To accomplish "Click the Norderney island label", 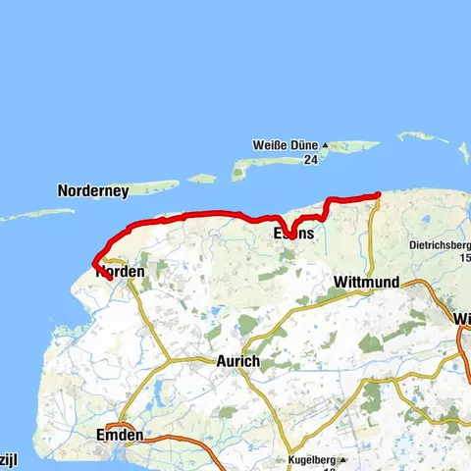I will (x=93, y=192).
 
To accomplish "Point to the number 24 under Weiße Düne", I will (x=310, y=159).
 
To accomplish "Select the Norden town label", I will (x=123, y=272).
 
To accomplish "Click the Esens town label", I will (x=294, y=234).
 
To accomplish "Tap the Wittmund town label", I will (x=366, y=283).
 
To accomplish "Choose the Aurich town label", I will (x=237, y=361).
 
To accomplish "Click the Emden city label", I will (x=121, y=435).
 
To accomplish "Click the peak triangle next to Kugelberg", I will (x=356, y=458).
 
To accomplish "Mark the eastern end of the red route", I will (x=379, y=194).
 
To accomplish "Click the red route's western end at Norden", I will (x=108, y=278).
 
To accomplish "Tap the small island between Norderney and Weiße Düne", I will (x=202, y=179).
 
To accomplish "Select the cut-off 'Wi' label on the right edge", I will (x=462, y=319).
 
